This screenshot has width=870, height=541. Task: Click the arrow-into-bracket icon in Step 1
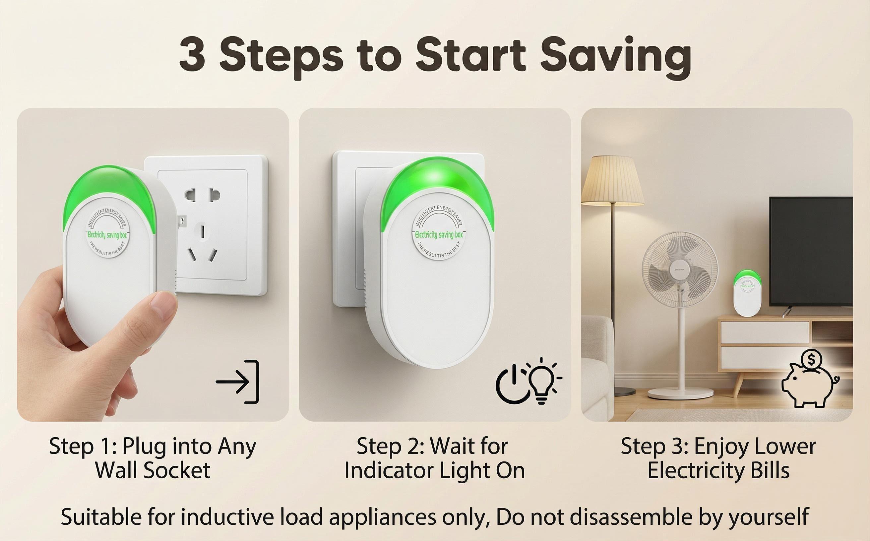[238, 382]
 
